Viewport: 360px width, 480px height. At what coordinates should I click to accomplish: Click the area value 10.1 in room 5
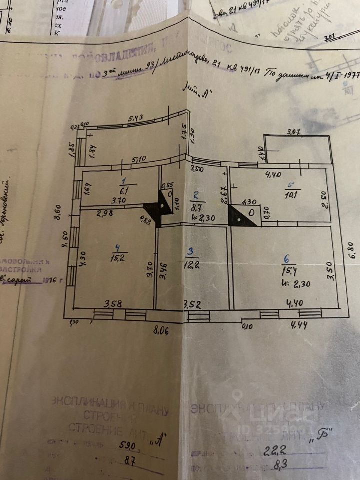[291, 195]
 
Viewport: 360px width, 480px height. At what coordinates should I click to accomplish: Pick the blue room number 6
[286, 260]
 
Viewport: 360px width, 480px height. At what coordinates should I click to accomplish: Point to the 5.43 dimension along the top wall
[136, 118]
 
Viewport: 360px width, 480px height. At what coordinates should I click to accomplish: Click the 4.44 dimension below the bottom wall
[301, 325]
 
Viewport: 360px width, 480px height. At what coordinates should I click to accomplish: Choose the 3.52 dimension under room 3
[192, 304]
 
